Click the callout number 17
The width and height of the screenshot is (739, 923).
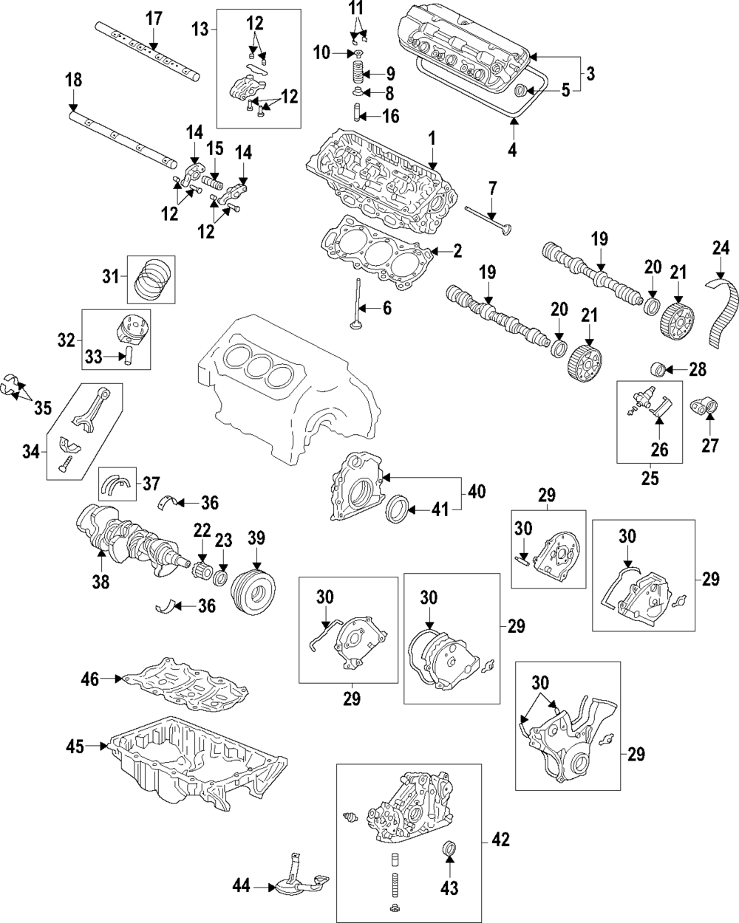pyautogui.click(x=153, y=18)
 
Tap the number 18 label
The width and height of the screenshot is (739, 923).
pyautogui.click(x=74, y=80)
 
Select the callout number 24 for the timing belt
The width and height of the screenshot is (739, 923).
pyautogui.click(x=721, y=248)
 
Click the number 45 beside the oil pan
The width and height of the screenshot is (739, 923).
pyautogui.click(x=74, y=746)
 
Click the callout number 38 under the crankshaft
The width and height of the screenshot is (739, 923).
pyautogui.click(x=100, y=581)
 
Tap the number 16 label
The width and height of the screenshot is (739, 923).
pyautogui.click(x=391, y=116)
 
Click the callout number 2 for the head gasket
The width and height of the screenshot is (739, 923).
pyautogui.click(x=457, y=252)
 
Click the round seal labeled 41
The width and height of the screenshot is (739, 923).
pyautogui.click(x=398, y=509)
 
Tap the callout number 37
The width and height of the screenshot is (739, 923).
pyautogui.click(x=151, y=484)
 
